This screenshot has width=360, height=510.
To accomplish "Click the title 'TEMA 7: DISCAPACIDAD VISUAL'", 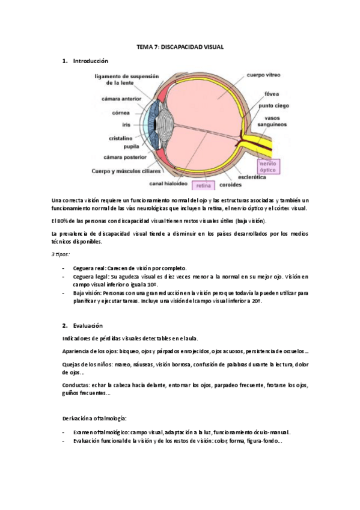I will (180, 47).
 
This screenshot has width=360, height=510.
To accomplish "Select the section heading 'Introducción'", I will (90, 61).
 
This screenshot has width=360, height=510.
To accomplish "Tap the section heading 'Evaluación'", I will (88, 325).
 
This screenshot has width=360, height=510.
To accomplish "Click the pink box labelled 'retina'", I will (204, 186).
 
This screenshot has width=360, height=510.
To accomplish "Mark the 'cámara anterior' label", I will (117, 100).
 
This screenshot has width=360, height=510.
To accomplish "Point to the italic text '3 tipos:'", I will (61, 254).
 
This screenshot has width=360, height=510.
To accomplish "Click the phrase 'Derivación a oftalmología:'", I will (94, 417).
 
